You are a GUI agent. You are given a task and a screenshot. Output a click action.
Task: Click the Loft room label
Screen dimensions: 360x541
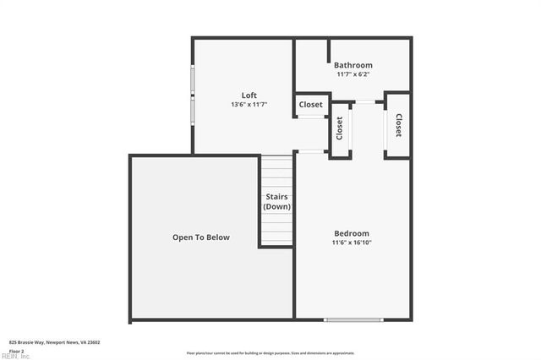click(x=249, y=95)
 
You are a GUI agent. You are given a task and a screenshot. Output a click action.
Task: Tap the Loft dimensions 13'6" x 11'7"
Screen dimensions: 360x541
click(x=249, y=105)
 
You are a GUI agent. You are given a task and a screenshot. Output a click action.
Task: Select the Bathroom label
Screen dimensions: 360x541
click(x=352, y=65)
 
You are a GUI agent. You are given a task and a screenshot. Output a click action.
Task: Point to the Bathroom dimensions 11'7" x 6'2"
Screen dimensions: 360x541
click(x=352, y=74)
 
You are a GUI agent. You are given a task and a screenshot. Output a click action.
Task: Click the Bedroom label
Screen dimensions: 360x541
click(x=351, y=233)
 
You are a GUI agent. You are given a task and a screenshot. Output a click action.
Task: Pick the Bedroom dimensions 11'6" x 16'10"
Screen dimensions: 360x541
click(x=351, y=243)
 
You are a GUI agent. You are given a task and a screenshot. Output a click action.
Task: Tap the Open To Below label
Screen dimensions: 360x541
click(x=201, y=237)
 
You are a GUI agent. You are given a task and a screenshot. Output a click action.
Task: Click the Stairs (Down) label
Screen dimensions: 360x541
click(x=277, y=202)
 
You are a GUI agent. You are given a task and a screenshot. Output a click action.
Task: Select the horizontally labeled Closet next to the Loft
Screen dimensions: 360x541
click(x=310, y=105)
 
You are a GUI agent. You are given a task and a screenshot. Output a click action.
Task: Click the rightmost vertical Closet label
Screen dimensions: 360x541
click(x=398, y=126)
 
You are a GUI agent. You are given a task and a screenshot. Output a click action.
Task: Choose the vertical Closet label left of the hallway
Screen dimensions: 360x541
click(x=340, y=128)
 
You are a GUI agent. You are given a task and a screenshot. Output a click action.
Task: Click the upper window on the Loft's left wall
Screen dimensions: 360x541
click(x=193, y=80)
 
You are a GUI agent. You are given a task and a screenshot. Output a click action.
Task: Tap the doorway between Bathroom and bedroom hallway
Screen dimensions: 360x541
click(x=366, y=102)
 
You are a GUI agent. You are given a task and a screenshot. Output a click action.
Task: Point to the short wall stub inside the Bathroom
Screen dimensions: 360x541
click(x=328, y=50)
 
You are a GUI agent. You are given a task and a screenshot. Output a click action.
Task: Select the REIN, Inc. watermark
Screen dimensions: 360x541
click(x=14, y=356)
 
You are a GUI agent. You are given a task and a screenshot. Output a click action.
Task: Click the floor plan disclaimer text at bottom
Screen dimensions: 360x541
click(x=270, y=353)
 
